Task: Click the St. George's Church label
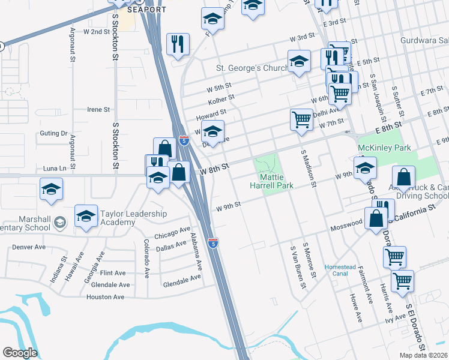point(252,68)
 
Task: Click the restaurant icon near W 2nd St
point(178,44)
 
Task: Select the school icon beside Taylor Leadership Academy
point(86,215)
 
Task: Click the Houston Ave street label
point(105,296)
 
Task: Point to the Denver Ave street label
point(29,247)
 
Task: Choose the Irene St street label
point(98,110)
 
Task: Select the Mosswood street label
point(347,223)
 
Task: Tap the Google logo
point(19,353)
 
